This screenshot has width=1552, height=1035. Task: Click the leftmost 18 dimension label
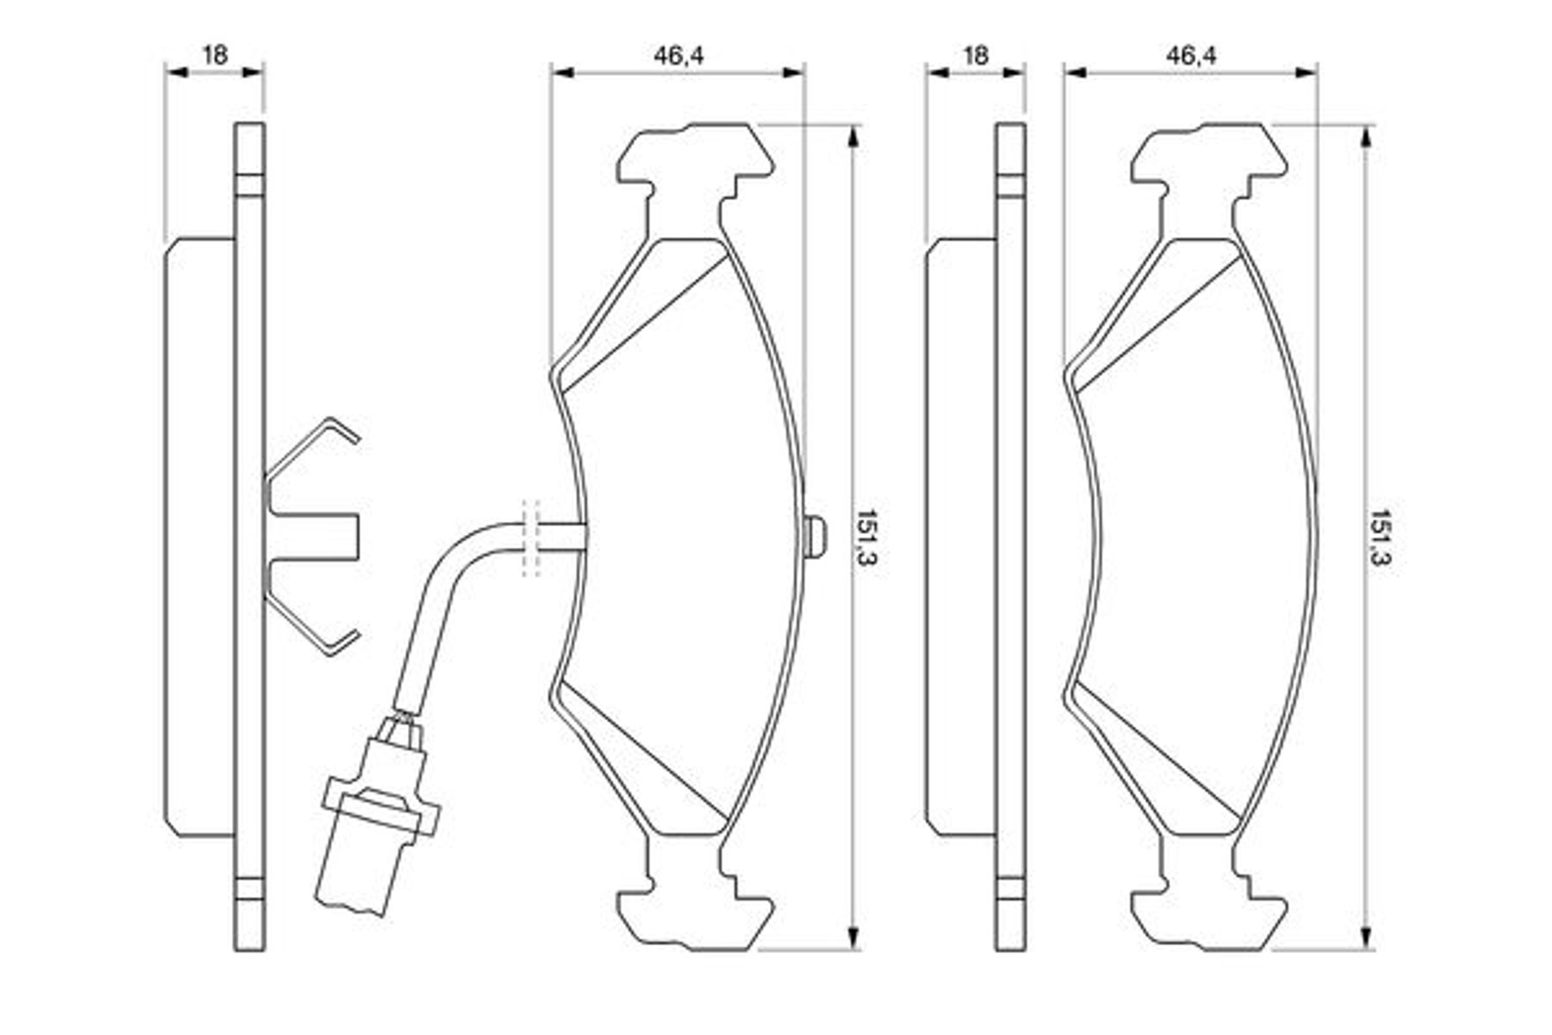215,55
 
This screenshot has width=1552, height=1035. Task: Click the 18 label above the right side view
976,55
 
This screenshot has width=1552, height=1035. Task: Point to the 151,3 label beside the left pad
866,538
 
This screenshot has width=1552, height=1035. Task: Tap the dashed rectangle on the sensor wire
531,538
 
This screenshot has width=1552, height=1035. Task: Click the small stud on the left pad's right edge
815,537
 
